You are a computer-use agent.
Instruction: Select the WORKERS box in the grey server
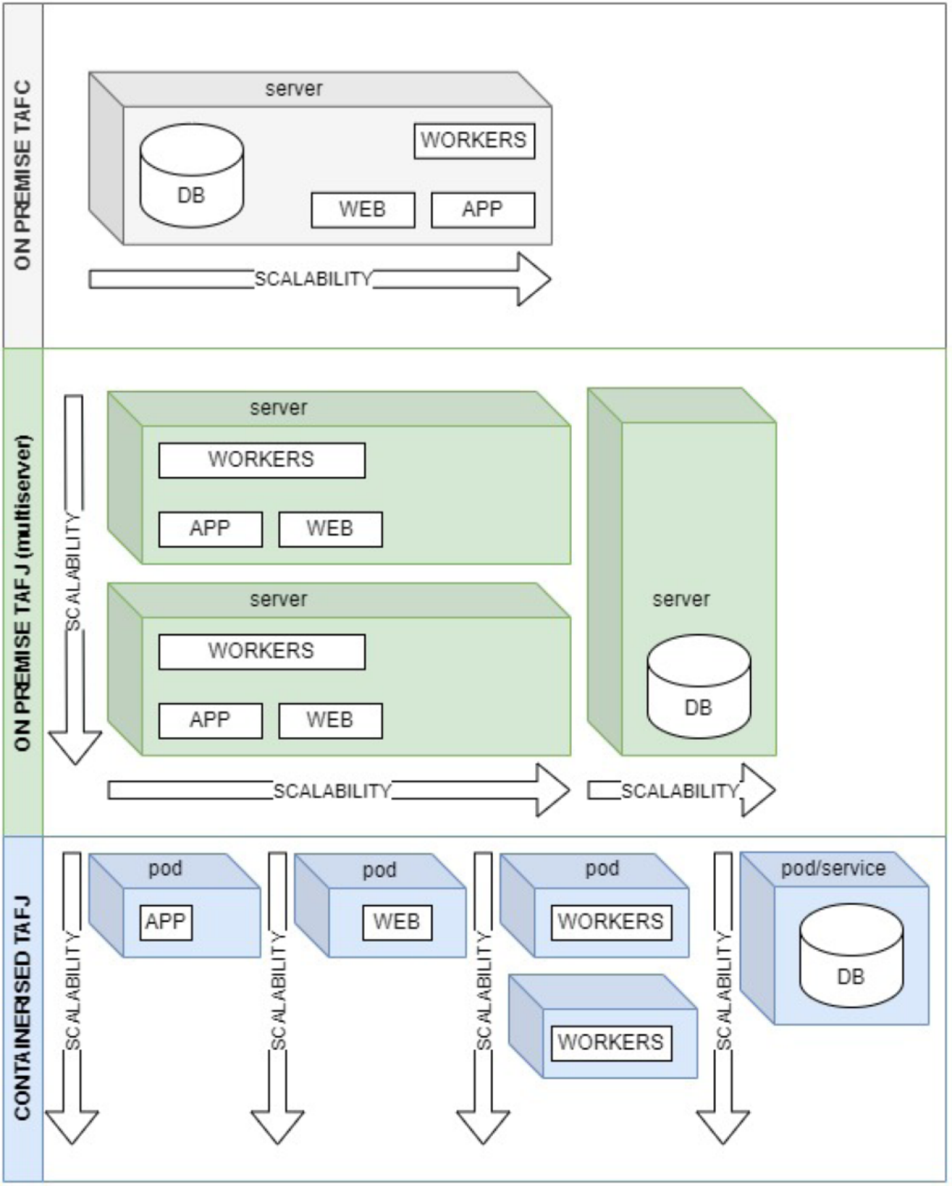[x=474, y=141]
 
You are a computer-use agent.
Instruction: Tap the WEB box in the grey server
[x=362, y=209]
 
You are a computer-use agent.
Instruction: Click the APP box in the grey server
[x=482, y=209]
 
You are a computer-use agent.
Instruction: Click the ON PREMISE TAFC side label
[x=22, y=175]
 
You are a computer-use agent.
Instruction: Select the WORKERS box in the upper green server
[x=261, y=460]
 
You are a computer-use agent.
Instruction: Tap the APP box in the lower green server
[x=210, y=720]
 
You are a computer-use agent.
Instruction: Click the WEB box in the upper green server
[x=330, y=529]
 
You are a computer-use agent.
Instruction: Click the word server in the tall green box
[x=681, y=599]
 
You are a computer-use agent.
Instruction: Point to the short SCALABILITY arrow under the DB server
[x=680, y=790]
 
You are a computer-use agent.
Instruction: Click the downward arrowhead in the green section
[x=74, y=747]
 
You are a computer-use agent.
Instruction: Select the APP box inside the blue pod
[x=165, y=922]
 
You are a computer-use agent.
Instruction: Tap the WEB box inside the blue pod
[x=396, y=922]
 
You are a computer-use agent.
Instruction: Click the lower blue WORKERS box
[x=610, y=1043]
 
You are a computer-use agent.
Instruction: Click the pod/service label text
[x=833, y=868]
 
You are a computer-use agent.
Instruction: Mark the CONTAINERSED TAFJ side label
[x=22, y=1009]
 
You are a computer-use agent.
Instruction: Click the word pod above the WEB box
[x=379, y=870]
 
